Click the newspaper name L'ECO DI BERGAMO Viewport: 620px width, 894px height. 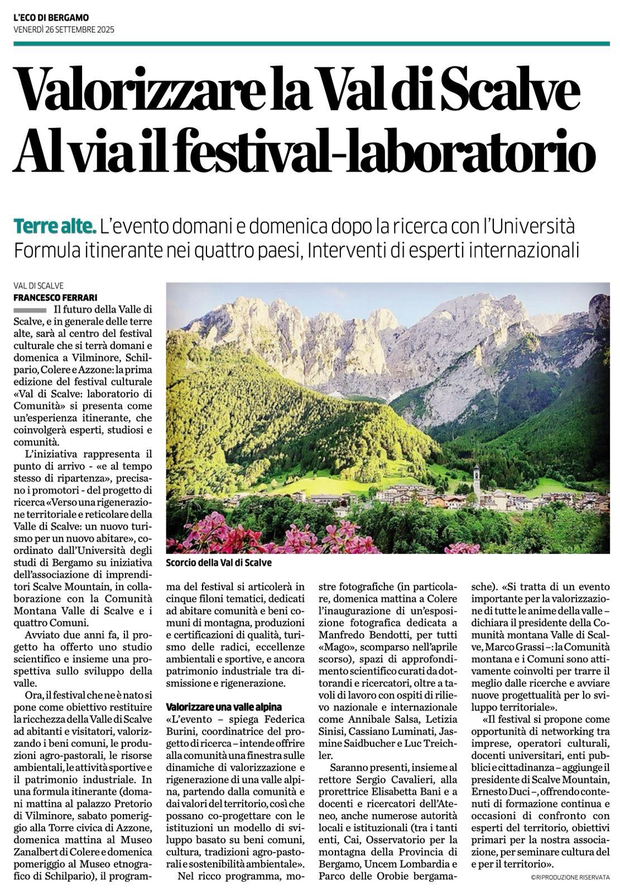click(51, 18)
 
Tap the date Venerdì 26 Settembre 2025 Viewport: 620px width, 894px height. click(64, 30)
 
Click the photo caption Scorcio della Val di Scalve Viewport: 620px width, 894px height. click(219, 563)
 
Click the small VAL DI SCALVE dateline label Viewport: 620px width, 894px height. click(39, 286)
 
